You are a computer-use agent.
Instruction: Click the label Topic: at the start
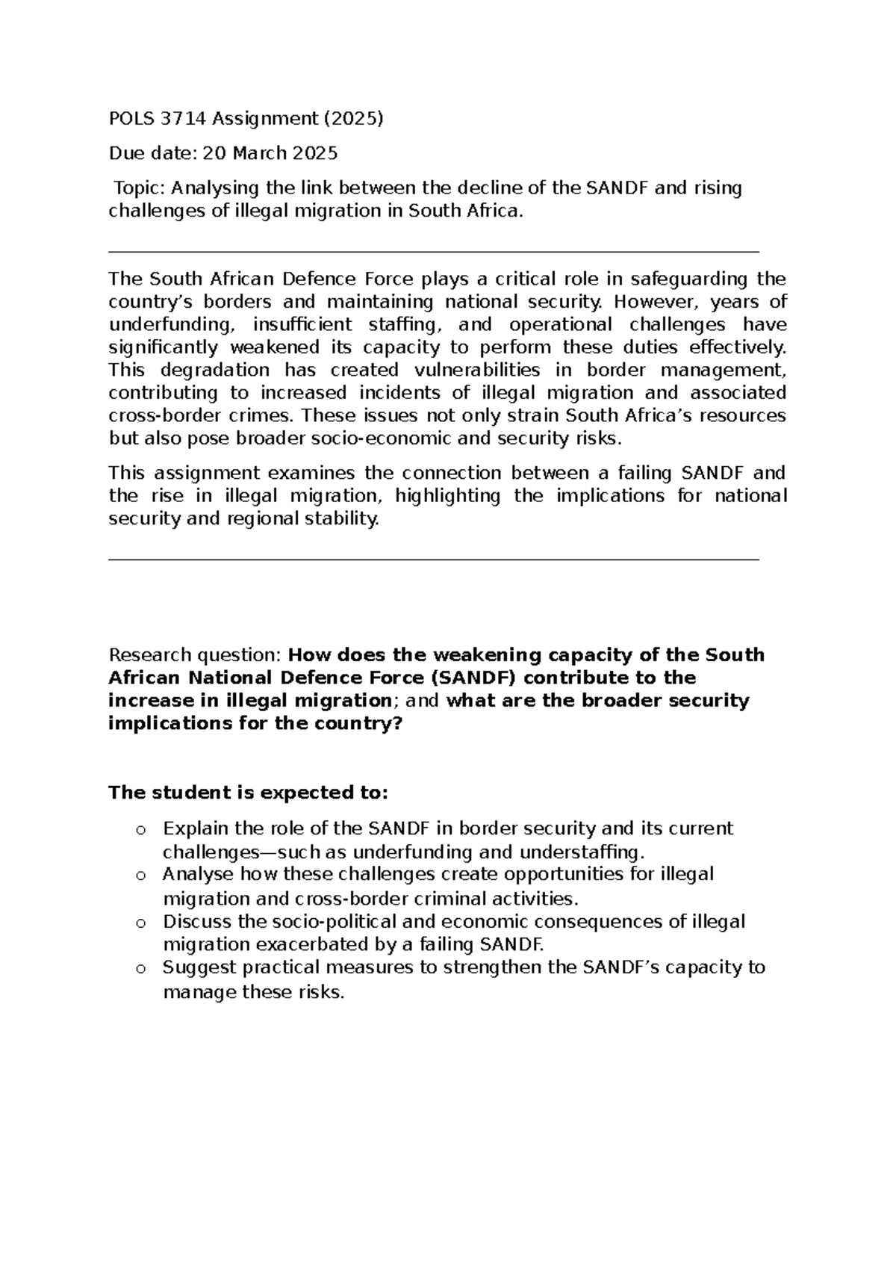140,188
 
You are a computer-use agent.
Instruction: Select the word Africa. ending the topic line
492,211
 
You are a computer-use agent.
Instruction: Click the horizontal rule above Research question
433,559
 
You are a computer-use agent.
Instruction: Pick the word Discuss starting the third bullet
193,922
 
